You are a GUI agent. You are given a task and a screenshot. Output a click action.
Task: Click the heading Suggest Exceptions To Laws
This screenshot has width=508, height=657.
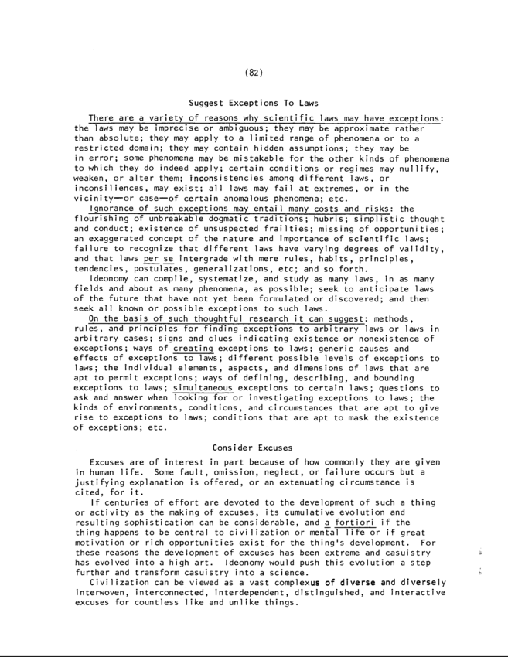[254, 103]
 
